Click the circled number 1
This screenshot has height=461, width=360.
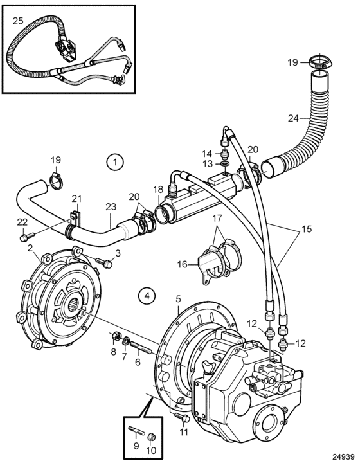[x=115, y=161]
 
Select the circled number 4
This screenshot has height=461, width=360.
[x=147, y=296]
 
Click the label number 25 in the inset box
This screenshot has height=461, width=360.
[x=18, y=21]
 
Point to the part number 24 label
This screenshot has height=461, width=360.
[x=293, y=118]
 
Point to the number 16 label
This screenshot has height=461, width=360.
[x=182, y=265]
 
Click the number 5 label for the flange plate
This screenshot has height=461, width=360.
[x=178, y=300]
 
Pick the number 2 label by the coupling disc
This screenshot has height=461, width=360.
[x=30, y=248]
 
